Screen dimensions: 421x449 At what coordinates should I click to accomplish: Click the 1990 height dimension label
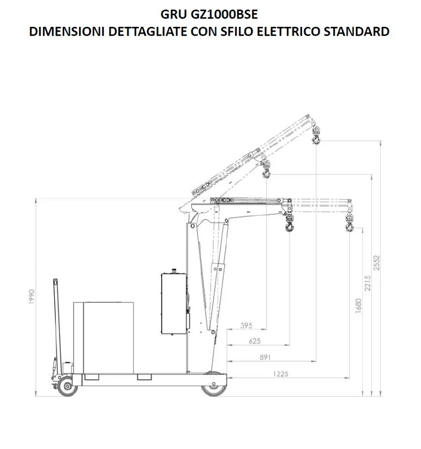point(32,297)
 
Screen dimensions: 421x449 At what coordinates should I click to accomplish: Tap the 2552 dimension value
point(377,263)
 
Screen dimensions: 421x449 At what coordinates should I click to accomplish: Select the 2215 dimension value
point(368,283)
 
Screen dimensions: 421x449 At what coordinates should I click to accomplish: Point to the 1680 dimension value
point(358,305)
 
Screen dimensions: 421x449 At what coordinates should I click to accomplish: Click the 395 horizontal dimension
point(246,325)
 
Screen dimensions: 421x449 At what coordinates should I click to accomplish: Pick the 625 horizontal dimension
point(255,341)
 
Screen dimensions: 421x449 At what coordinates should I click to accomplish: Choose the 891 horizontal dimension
point(265,357)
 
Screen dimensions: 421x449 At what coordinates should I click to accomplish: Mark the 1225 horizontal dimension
point(280,374)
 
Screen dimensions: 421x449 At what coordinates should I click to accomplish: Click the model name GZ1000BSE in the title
point(224,14)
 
